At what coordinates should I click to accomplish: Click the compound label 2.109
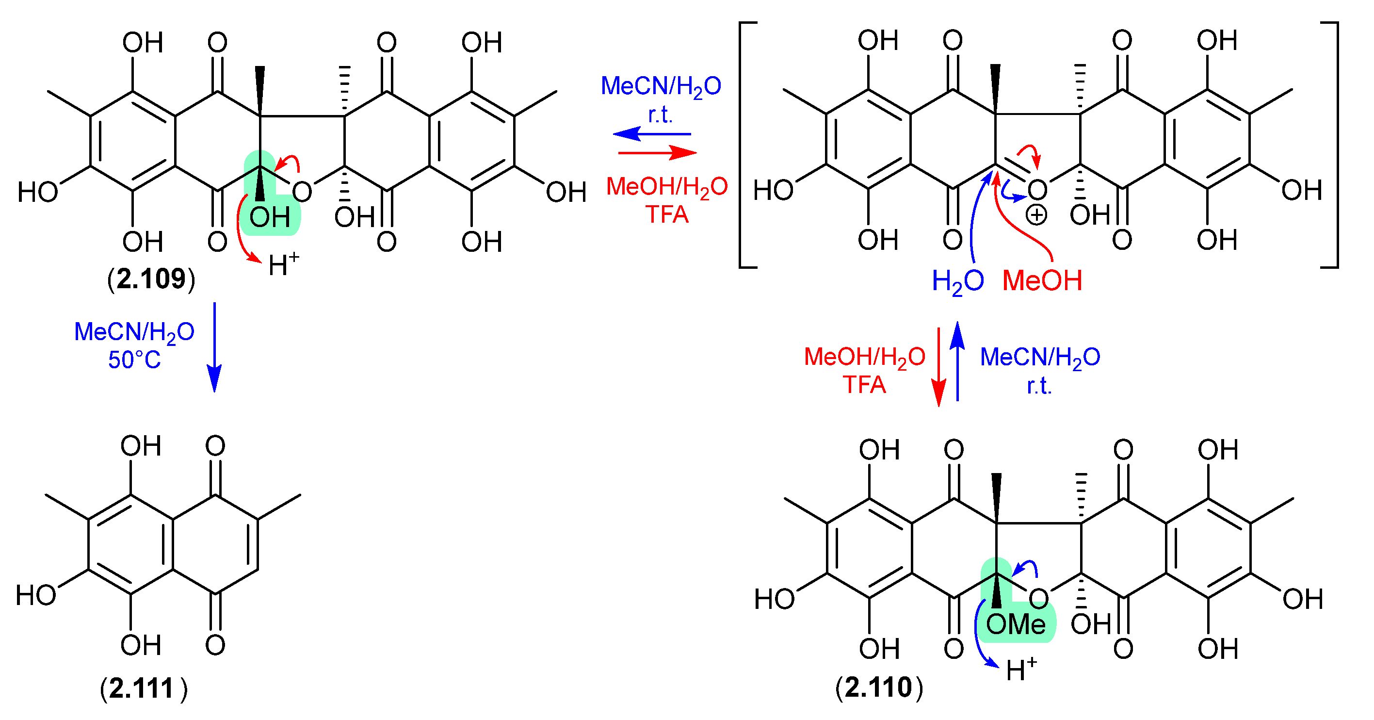click(x=151, y=279)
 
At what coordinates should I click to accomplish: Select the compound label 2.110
click(x=878, y=687)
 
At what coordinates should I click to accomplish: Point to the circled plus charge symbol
click(x=1036, y=215)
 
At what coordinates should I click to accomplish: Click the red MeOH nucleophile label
click(x=1042, y=281)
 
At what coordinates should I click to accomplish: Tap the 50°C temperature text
click(x=134, y=360)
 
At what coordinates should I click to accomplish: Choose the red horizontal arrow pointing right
click(x=657, y=153)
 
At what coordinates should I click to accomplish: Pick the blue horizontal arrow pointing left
click(x=652, y=133)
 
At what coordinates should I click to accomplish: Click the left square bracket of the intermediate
click(x=744, y=145)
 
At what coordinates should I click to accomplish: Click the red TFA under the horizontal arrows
click(x=667, y=214)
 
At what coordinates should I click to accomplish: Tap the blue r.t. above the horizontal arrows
click(x=661, y=114)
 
